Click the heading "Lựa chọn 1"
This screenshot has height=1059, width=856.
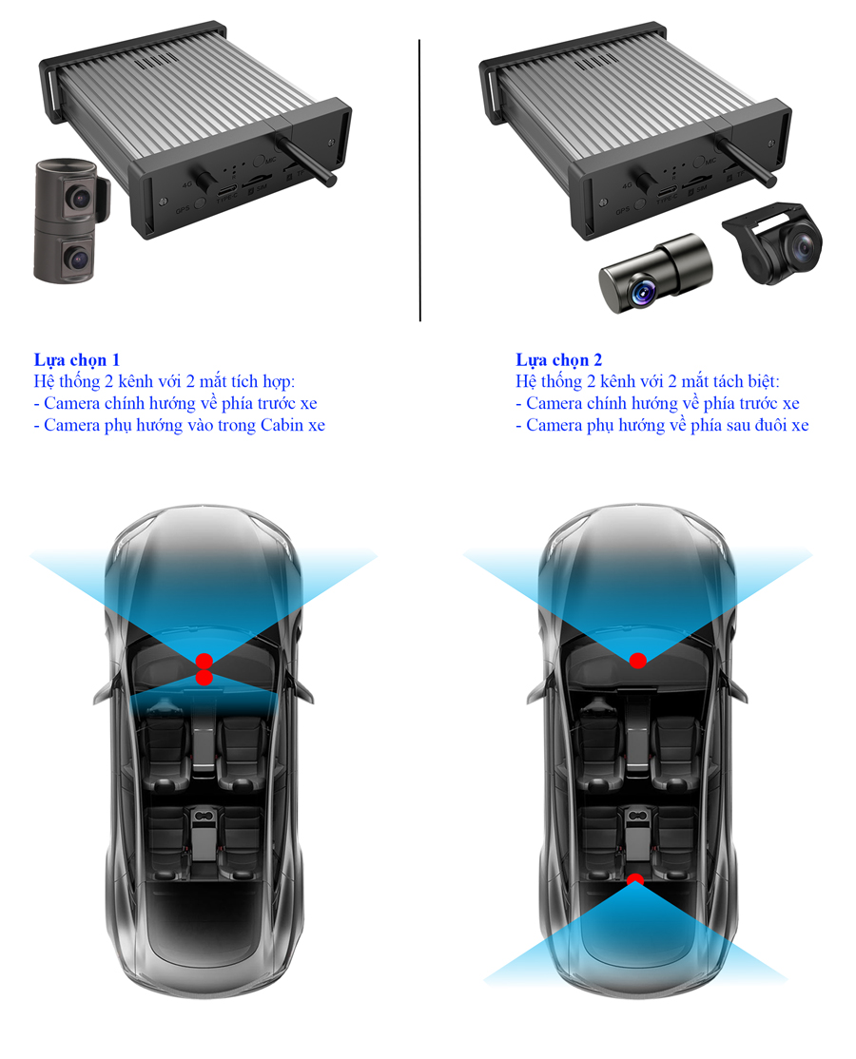[x=77, y=360]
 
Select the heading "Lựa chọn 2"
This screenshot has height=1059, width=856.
[x=558, y=360]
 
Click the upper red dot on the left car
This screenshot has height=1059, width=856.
[x=204, y=660]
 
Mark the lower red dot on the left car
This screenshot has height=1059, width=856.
[x=204, y=677]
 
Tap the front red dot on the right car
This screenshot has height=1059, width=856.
[x=637, y=660]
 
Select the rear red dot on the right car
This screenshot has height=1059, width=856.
[x=635, y=880]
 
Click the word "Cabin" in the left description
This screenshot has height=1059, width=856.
[x=280, y=425]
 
